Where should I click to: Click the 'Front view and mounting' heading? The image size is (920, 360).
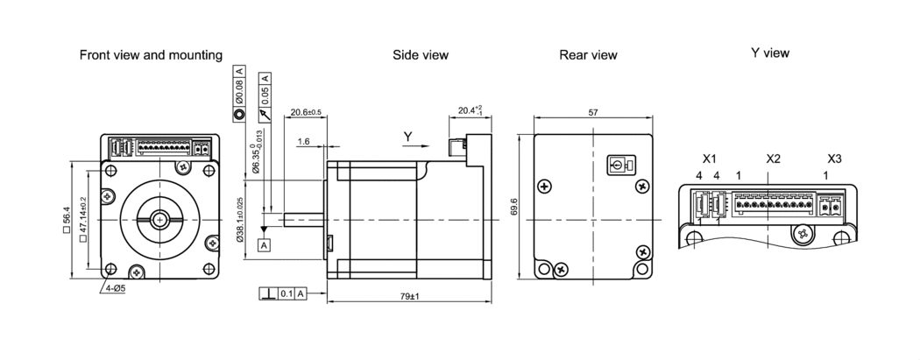point(151,55)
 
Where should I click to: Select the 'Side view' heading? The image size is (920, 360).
point(421,55)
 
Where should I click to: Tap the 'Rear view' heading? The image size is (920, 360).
point(588,55)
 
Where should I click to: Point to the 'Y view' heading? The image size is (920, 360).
point(770,53)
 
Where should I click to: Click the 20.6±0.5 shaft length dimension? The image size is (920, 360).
point(306,112)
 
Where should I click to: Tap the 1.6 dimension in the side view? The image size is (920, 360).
point(303,141)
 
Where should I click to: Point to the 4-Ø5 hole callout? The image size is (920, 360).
point(114,287)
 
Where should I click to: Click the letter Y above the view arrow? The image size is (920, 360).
point(407,136)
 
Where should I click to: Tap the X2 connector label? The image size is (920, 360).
point(773,159)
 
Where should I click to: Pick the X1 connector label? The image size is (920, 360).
point(710,159)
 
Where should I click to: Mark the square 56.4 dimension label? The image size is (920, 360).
point(67,219)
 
